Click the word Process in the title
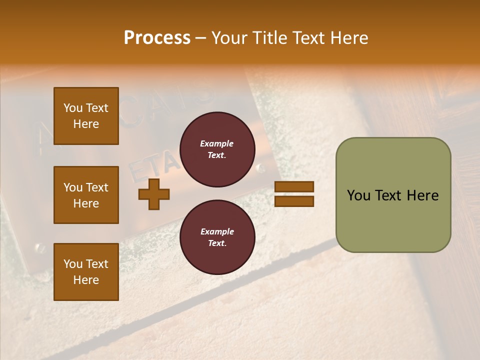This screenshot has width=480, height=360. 157,37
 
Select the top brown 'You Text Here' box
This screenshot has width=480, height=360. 86,116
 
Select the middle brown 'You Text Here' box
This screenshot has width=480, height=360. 86,195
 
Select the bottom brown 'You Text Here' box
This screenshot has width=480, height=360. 86,271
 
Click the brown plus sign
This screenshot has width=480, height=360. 154,194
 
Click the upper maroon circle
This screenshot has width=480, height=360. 217,149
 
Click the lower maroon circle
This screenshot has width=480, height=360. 217,237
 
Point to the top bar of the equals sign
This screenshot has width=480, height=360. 294,187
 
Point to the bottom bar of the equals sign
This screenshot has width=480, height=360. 294,201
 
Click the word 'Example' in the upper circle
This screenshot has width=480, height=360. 217,143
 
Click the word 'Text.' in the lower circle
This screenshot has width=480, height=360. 217,243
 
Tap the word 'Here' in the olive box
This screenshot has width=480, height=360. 422,195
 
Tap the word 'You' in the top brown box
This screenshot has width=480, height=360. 73,108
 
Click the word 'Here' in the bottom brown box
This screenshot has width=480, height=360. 86,280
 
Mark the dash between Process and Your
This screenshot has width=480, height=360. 201,38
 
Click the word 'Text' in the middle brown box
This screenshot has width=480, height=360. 96,187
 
